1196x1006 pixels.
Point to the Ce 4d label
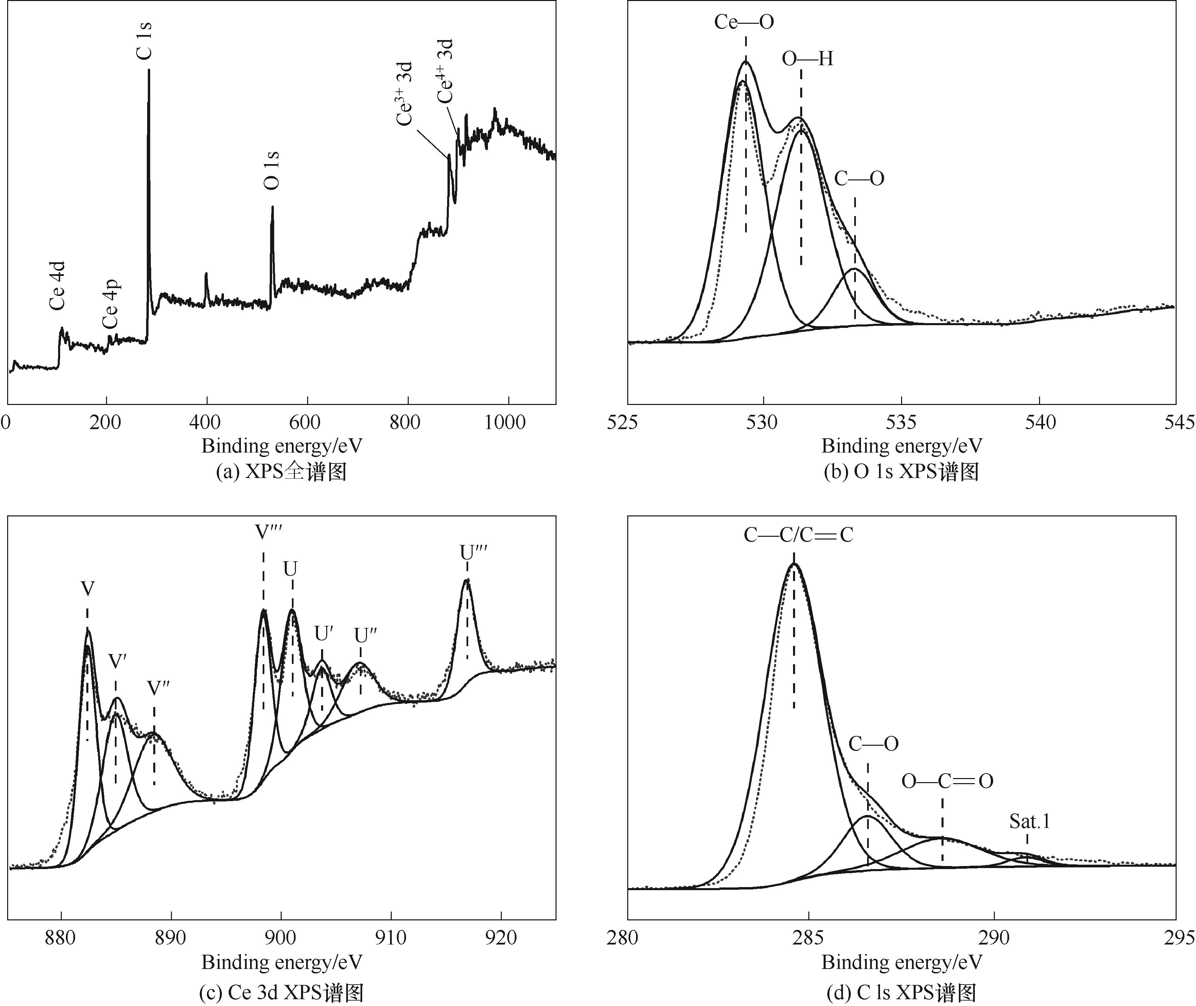pyautogui.click(x=58, y=285)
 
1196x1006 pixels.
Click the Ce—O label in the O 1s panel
pyautogui.click(x=744, y=22)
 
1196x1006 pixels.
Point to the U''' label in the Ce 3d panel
pyautogui.click(x=473, y=553)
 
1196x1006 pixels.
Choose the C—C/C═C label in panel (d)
pyautogui.click(x=798, y=535)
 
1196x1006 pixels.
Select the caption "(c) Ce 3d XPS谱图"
pyautogui.click(x=281, y=993)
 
